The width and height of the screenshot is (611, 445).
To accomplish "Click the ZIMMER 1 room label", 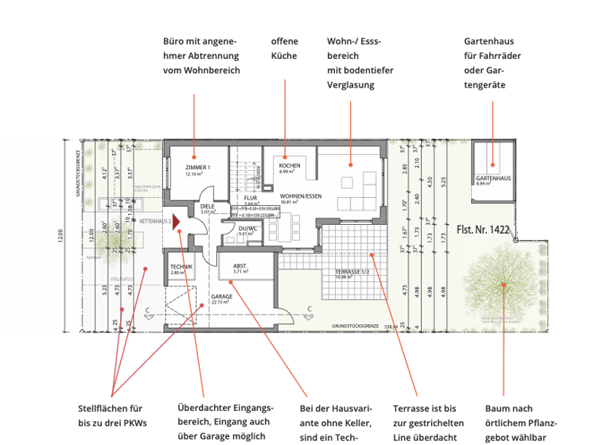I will click(197, 168).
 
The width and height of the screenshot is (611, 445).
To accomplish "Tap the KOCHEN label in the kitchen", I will click(290, 164).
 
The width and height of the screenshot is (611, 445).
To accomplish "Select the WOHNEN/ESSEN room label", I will click(301, 195).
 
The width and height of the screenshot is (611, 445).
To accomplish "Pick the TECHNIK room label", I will click(181, 266).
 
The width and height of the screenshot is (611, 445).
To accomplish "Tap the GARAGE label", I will click(222, 296).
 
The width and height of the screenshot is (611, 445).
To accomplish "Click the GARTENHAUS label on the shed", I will click(493, 177).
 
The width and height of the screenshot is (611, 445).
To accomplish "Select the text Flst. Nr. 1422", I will click(484, 229).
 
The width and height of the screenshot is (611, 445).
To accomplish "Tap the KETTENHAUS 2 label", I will click(156, 222).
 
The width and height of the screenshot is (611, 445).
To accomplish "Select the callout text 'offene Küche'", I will click(284, 48).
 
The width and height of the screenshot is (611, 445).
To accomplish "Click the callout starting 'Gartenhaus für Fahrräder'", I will click(489, 63).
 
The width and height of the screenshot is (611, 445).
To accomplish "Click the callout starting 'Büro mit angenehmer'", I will click(200, 56).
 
